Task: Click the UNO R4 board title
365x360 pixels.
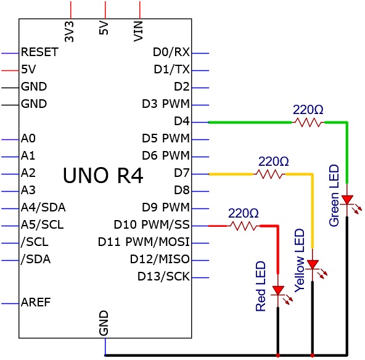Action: (103, 176)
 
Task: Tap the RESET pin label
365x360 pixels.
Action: (39, 52)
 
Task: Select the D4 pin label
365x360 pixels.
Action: (182, 121)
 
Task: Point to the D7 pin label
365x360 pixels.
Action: (182, 173)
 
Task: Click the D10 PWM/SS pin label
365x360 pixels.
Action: (152, 224)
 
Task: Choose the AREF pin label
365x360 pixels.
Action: (36, 302)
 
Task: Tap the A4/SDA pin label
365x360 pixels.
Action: (43, 207)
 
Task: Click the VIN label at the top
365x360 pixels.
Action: (138, 31)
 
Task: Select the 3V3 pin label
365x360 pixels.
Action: (69, 31)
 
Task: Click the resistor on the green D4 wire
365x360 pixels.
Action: (308, 122)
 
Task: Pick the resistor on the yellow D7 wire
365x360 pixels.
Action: (269, 174)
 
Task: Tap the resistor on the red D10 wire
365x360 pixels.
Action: (244, 226)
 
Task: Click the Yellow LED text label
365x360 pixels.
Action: (300, 260)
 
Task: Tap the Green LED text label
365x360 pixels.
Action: (334, 195)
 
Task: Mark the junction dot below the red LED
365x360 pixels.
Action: (278, 355)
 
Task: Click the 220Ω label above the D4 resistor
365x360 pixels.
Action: (308, 110)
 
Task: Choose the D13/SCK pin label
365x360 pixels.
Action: (163, 276)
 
